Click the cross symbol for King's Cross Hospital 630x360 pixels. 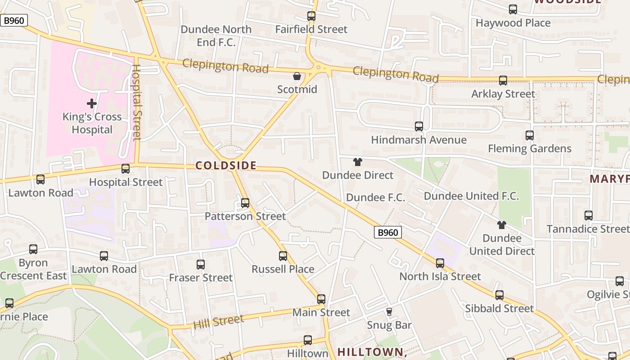click(x=92, y=104)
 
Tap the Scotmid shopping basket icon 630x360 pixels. click(x=297, y=76)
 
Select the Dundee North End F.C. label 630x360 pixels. click(x=216, y=36)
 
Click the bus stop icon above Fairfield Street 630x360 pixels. click(x=311, y=16)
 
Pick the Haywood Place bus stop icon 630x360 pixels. click(x=513, y=9)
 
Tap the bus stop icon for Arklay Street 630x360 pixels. click(x=503, y=81)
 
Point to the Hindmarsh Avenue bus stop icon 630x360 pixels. click(x=419, y=126)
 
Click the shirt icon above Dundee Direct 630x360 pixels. click(x=358, y=162)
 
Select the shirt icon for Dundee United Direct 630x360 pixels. click(x=502, y=225)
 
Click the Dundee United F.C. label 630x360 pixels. click(x=471, y=196)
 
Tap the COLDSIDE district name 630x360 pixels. click(x=226, y=166)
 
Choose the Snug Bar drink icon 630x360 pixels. click(x=389, y=311)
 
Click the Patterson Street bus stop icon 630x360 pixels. click(x=245, y=203)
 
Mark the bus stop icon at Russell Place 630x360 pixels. click(x=283, y=256)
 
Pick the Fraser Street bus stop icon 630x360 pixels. click(x=201, y=265)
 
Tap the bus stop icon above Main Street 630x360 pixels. click(x=321, y=299)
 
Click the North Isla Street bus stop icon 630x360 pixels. click(x=440, y=263)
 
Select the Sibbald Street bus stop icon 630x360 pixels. click(x=499, y=295)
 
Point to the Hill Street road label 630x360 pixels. click(x=219, y=321)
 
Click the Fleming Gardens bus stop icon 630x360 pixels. click(x=530, y=135)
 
